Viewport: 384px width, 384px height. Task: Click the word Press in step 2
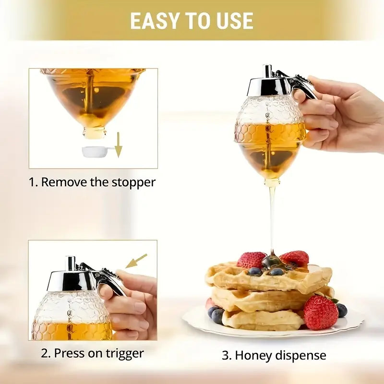(69, 353)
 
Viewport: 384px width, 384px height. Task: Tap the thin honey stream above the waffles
(272, 216)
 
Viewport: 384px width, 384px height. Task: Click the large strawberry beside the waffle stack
(320, 312)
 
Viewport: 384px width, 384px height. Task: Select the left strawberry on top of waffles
(251, 260)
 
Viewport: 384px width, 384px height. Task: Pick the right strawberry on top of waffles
(295, 258)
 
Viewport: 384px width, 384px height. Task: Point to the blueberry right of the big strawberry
(342, 310)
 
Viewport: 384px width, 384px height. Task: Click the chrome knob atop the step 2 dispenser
(71, 263)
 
